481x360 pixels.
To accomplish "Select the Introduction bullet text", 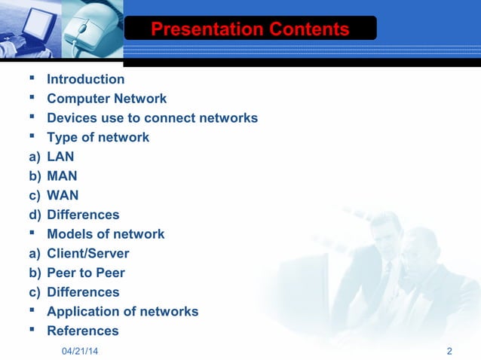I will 85,79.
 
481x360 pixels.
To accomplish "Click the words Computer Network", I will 106,99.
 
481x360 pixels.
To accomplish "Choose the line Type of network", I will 97,137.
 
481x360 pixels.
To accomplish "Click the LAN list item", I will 60,157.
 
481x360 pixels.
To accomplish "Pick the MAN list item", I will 62,176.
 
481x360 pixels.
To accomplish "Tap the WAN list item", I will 62,195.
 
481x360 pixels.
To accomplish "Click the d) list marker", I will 35,215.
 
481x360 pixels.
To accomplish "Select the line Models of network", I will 105,234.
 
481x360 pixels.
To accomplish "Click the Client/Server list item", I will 87,254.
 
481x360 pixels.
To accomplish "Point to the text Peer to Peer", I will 85,273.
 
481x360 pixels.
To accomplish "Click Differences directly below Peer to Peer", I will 83,292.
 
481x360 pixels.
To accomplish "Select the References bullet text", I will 82,331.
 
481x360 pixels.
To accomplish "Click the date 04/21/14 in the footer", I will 80,352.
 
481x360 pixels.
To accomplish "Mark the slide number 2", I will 449,352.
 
